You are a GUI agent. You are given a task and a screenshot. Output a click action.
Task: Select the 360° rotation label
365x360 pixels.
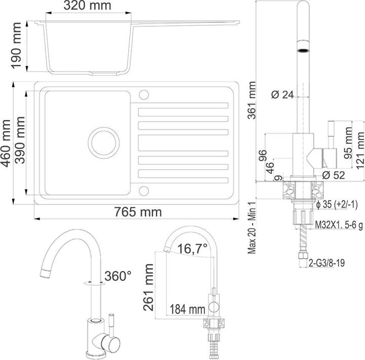coord(118,276)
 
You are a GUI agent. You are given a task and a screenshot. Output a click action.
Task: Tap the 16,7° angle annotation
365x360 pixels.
coord(193,249)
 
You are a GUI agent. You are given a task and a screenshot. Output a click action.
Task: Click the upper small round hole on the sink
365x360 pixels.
coord(143,94)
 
